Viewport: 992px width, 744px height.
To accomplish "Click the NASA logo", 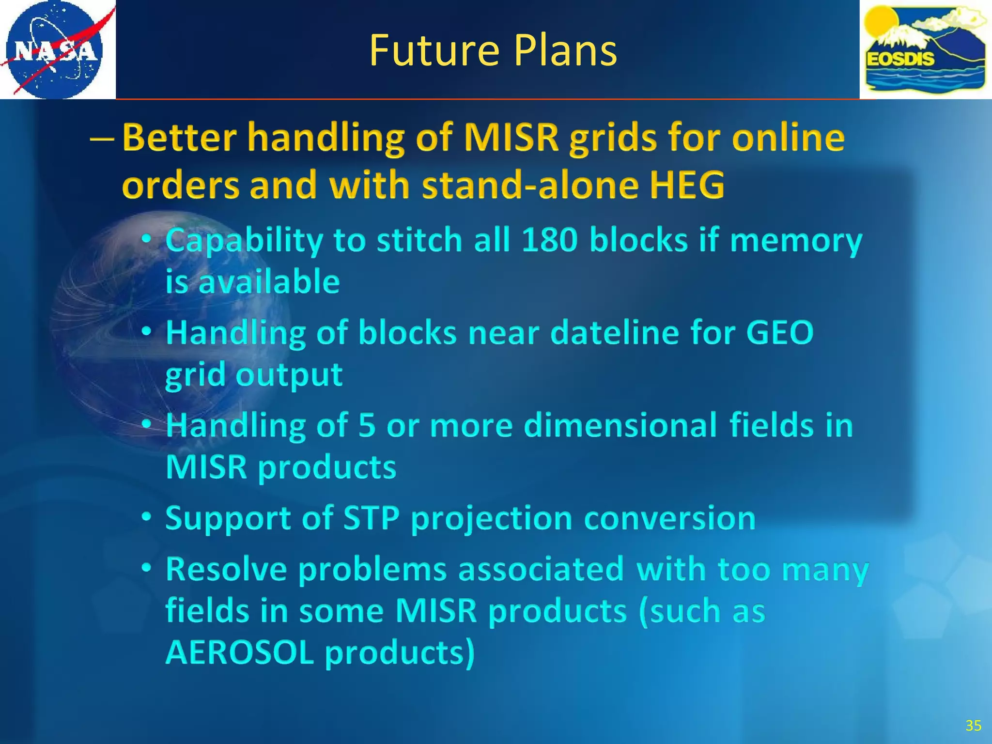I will [x=54, y=49].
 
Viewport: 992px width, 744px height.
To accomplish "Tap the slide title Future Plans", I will [x=493, y=50].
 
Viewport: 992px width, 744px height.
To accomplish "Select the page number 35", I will [x=973, y=726].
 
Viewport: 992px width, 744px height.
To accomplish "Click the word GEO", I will [x=779, y=333].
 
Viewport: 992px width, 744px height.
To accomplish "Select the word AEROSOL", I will [x=240, y=653].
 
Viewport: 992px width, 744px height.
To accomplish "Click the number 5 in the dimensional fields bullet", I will [x=367, y=425].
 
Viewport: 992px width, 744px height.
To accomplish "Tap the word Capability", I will [x=244, y=240].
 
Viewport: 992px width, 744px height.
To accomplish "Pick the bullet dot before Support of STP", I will [x=147, y=517].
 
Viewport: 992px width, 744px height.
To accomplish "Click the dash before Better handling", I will [x=102, y=139].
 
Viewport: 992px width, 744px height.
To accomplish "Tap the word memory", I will [x=796, y=240].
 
